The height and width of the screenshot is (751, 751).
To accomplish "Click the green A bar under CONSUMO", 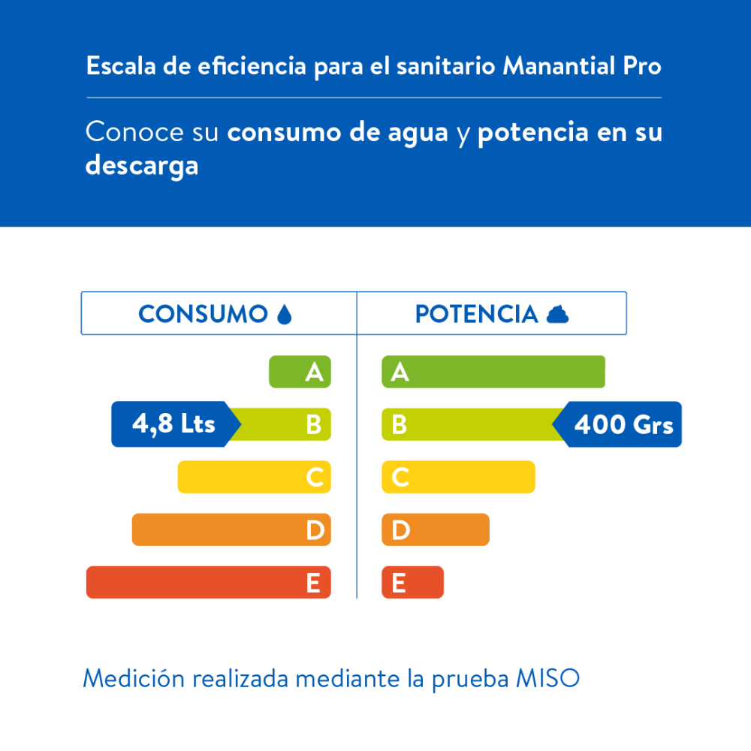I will (x=300, y=372).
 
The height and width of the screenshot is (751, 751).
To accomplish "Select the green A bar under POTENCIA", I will (x=493, y=372).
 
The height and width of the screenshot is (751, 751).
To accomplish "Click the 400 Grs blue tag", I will (x=622, y=425).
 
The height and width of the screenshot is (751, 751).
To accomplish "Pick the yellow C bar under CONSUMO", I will (x=254, y=477).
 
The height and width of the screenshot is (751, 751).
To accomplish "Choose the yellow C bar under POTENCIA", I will (x=458, y=477).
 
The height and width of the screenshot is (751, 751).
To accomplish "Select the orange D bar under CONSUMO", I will (x=231, y=529).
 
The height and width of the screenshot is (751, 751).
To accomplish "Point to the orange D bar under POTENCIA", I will (x=436, y=529).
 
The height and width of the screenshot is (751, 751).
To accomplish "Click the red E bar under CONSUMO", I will (x=208, y=583).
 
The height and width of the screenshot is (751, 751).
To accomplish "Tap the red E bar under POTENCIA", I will (x=412, y=583).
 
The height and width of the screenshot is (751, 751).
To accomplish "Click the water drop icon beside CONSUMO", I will (x=284, y=314).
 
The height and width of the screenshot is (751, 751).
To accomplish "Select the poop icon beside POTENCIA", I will (x=557, y=314).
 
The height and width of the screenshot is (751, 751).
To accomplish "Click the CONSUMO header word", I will (x=203, y=314).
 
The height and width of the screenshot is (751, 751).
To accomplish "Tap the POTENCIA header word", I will (x=476, y=314).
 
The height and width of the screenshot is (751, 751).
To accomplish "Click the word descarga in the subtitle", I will (x=142, y=165).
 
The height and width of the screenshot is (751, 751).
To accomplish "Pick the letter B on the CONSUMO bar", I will (x=314, y=425).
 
